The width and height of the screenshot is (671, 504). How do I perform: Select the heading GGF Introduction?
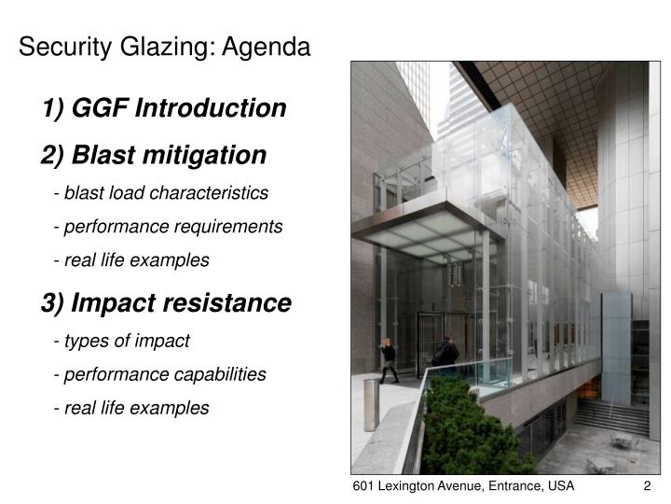164,109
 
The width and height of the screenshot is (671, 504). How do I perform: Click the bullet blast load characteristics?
161,193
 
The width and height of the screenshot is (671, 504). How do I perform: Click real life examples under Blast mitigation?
131,260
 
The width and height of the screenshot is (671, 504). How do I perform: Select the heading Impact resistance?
166,303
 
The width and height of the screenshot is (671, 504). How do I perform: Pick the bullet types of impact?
122,342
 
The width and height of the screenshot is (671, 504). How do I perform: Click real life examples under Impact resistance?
131,408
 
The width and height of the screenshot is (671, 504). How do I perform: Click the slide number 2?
646,487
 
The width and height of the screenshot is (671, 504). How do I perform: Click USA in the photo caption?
558,487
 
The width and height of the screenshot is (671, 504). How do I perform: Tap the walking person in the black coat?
389,359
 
